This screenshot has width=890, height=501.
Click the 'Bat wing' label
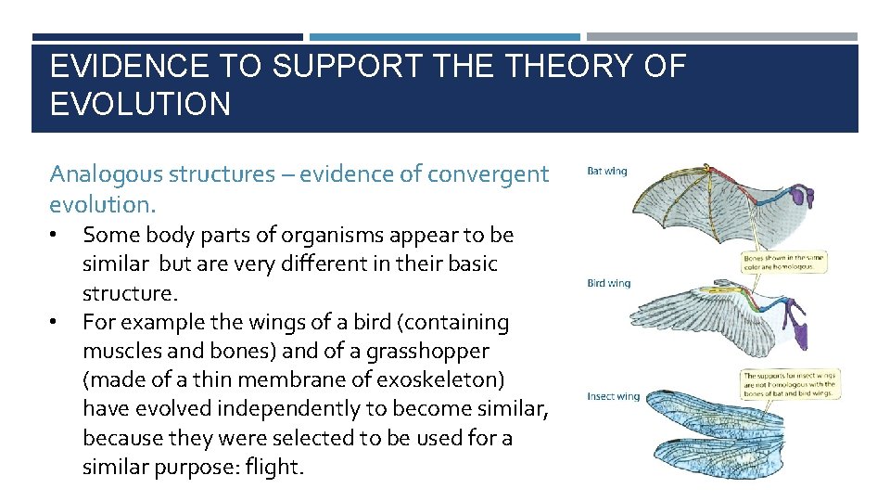point(607,171)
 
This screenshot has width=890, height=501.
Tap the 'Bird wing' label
point(608,283)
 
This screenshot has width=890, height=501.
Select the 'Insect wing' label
point(613,396)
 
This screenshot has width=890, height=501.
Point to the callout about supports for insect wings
point(790,384)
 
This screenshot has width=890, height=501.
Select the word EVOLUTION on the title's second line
point(140,104)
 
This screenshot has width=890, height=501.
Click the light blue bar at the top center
point(444,37)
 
